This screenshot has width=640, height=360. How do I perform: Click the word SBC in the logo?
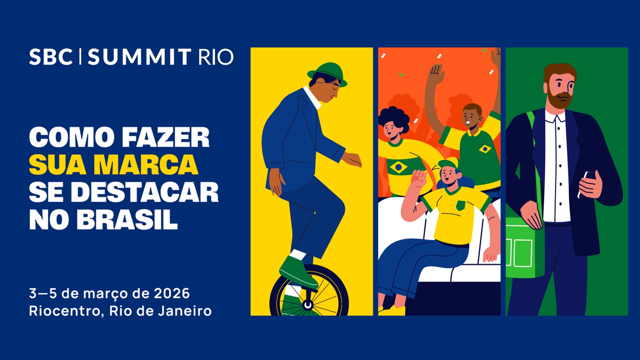click(50, 57)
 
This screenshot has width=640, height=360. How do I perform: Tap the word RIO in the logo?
click(216, 57)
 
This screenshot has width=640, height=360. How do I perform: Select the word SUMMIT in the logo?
click(139, 57)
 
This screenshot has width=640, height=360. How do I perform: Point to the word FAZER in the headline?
click(165, 138)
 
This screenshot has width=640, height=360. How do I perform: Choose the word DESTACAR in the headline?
click(145, 192)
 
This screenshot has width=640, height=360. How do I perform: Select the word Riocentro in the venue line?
click(64, 311)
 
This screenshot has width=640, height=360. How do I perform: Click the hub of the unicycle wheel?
click(308, 305)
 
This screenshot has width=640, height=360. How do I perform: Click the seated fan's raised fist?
click(419, 178)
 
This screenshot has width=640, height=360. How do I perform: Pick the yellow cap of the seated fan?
click(448, 164)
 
